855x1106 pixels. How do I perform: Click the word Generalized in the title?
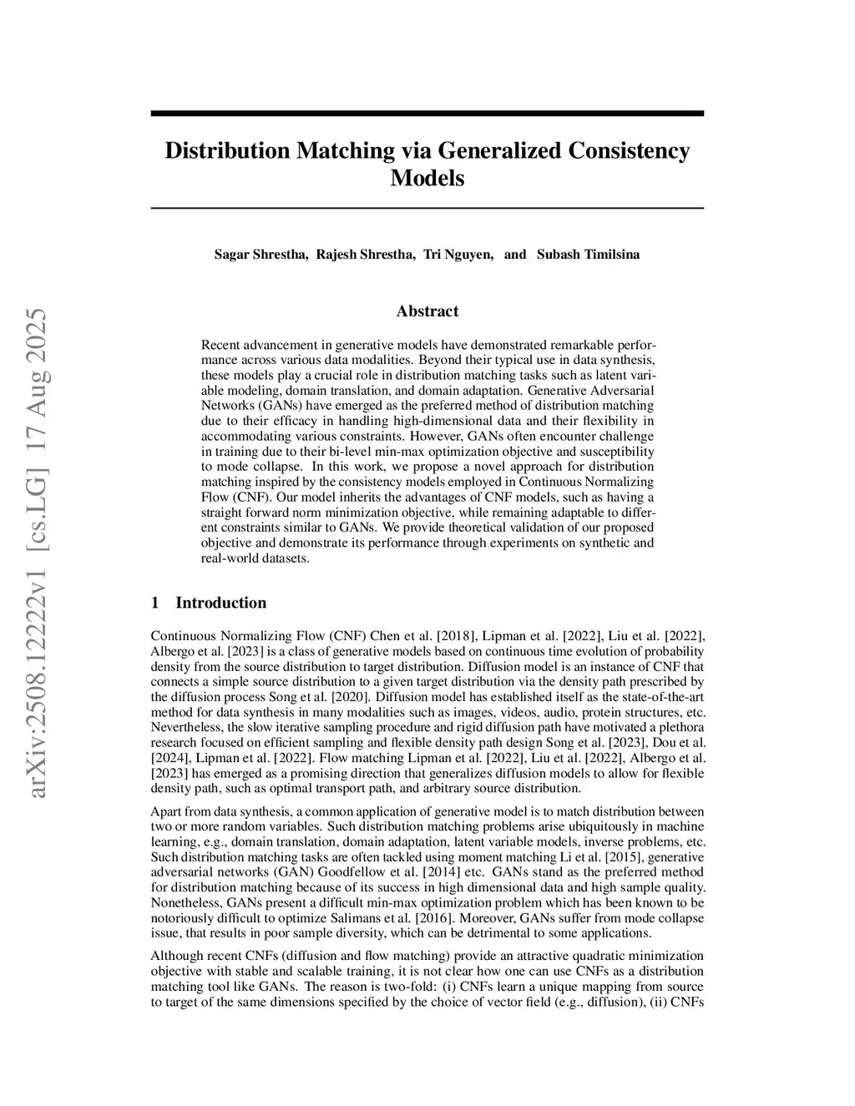[x=498, y=151]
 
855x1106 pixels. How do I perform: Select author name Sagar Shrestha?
[x=261, y=255]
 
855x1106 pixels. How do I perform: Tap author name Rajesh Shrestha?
[x=365, y=255]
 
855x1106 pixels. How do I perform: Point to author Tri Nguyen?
[x=458, y=255]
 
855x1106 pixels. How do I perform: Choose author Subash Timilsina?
[x=588, y=255]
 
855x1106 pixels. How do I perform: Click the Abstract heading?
[x=427, y=311]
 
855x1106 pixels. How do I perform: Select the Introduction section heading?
[x=220, y=603]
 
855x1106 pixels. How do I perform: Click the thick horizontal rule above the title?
[x=427, y=114]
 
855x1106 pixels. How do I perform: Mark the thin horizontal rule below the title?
[x=427, y=208]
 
